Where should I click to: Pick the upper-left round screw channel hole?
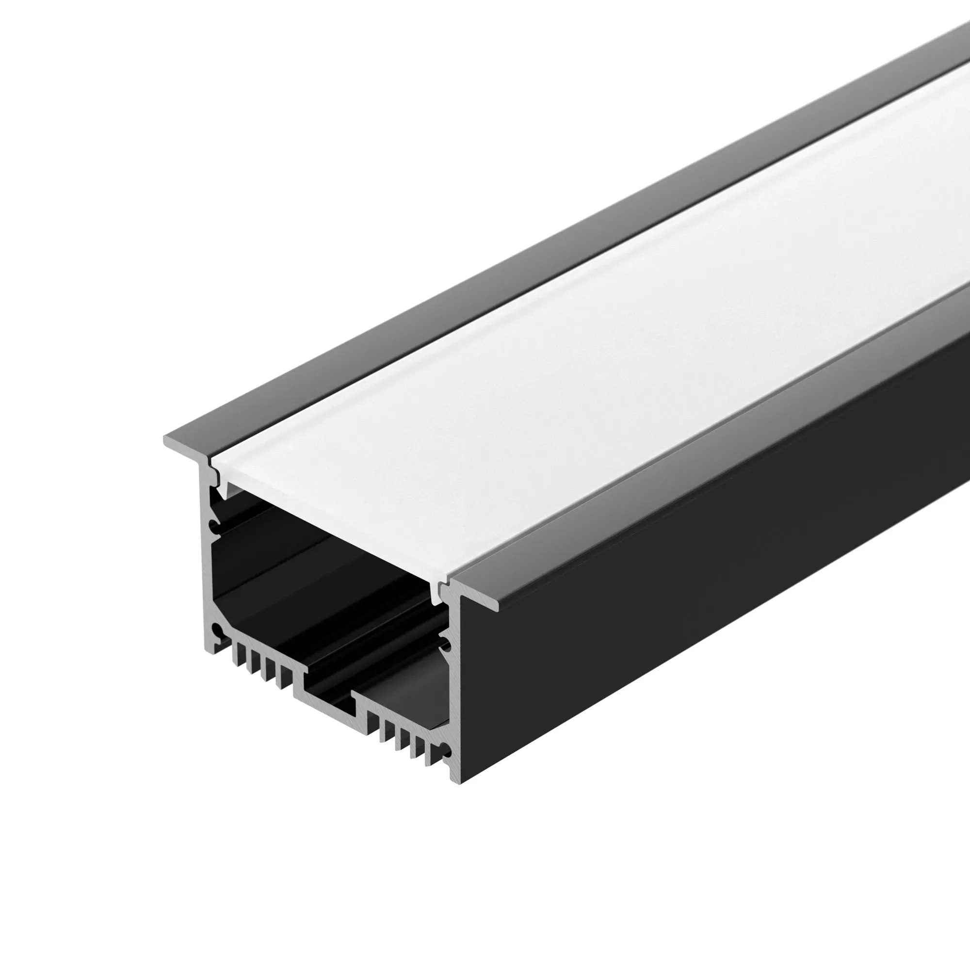[215, 527]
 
